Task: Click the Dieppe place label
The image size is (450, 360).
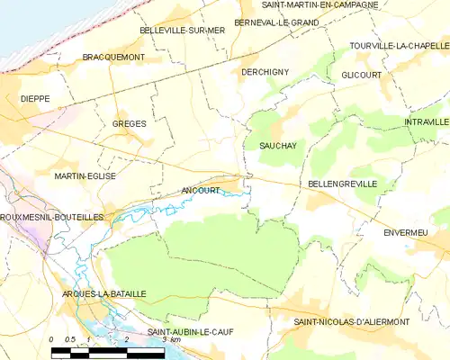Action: [35, 98]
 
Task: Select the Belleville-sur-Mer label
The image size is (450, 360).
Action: [182, 30]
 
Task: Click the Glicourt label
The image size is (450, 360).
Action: [363, 75]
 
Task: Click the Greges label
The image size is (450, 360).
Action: [129, 123]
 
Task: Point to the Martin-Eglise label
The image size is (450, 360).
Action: [85, 176]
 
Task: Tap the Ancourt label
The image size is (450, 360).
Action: [200, 191]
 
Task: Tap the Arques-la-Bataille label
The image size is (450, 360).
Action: [96, 295]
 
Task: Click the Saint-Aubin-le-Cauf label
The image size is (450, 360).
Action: [192, 331]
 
